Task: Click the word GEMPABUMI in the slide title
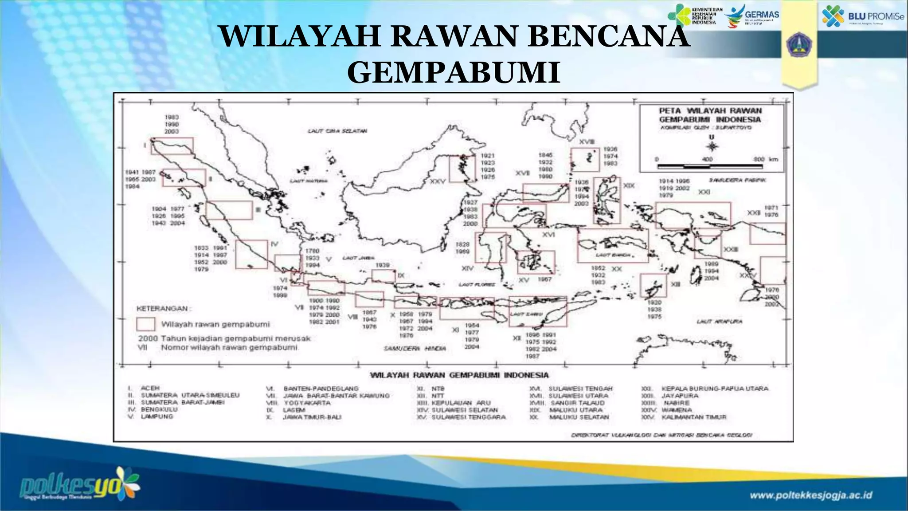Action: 454,72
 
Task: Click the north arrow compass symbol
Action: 712,145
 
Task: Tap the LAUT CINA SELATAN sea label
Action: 337,131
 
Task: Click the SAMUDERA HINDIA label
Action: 415,349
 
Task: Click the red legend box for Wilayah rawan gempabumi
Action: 145,324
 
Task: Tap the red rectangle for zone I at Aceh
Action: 172,145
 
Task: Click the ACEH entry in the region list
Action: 150,388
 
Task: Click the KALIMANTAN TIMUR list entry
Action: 694,417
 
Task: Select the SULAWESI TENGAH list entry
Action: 580,389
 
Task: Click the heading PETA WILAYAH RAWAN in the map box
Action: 710,110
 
